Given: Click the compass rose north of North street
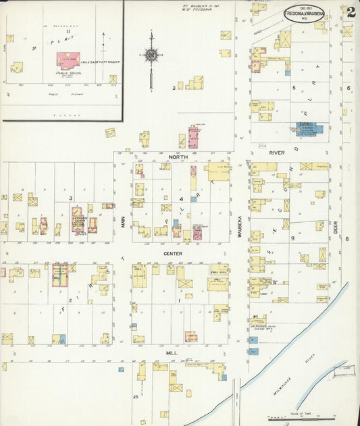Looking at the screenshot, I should [151, 55].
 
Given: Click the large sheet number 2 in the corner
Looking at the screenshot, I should [350, 11].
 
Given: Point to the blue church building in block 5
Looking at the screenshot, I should [306, 128].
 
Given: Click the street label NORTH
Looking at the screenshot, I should [178, 157].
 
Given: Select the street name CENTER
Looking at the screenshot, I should [173, 254].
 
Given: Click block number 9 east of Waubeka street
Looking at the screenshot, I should [293, 238].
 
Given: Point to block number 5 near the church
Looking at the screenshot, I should [294, 87].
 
